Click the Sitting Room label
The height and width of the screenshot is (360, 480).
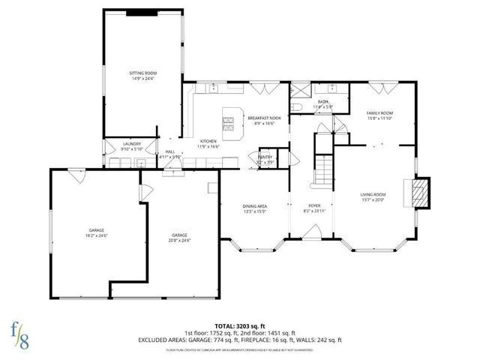tap(143, 75)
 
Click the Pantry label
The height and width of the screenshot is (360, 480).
tap(265, 159)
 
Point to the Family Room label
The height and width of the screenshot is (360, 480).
tap(380, 115)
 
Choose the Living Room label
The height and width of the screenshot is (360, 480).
tap(373, 197)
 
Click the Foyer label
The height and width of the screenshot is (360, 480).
tap(316, 208)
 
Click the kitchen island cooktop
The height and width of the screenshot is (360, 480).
tap(230, 121)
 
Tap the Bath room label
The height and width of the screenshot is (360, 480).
tap(323, 103)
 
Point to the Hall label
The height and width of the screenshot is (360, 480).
tap(169, 154)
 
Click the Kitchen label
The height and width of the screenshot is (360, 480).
tap(208, 144)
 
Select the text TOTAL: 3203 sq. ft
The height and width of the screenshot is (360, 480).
tap(239, 326)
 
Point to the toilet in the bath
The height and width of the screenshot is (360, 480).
tap(295, 110)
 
